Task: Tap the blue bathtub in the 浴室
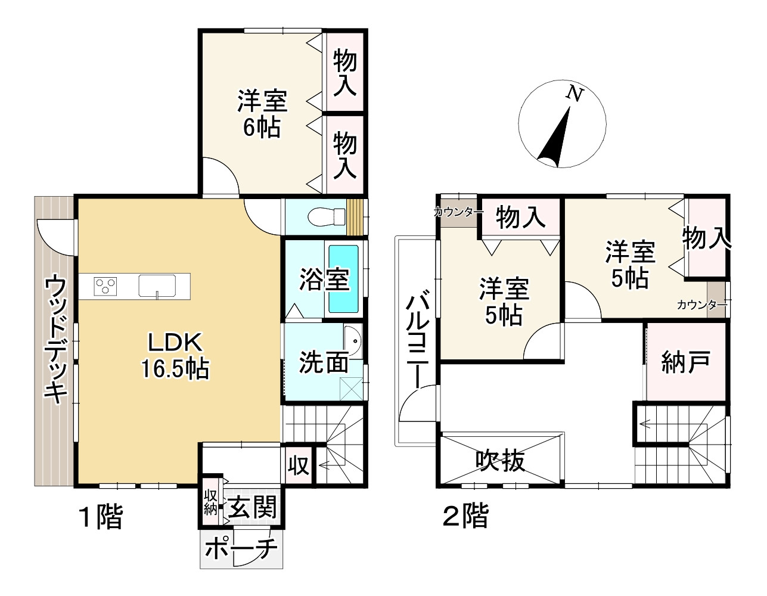(344, 279)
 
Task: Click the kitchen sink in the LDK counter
(157, 285)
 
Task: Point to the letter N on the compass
(574, 94)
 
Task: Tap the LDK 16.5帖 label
(175, 356)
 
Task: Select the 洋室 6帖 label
(262, 114)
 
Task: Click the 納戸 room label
(685, 362)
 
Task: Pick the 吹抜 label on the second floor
(501, 461)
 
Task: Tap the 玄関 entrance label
(253, 508)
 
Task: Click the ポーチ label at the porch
(241, 548)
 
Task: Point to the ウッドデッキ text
(55, 339)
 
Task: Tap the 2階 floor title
(465, 516)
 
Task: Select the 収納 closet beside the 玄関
(210, 502)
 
